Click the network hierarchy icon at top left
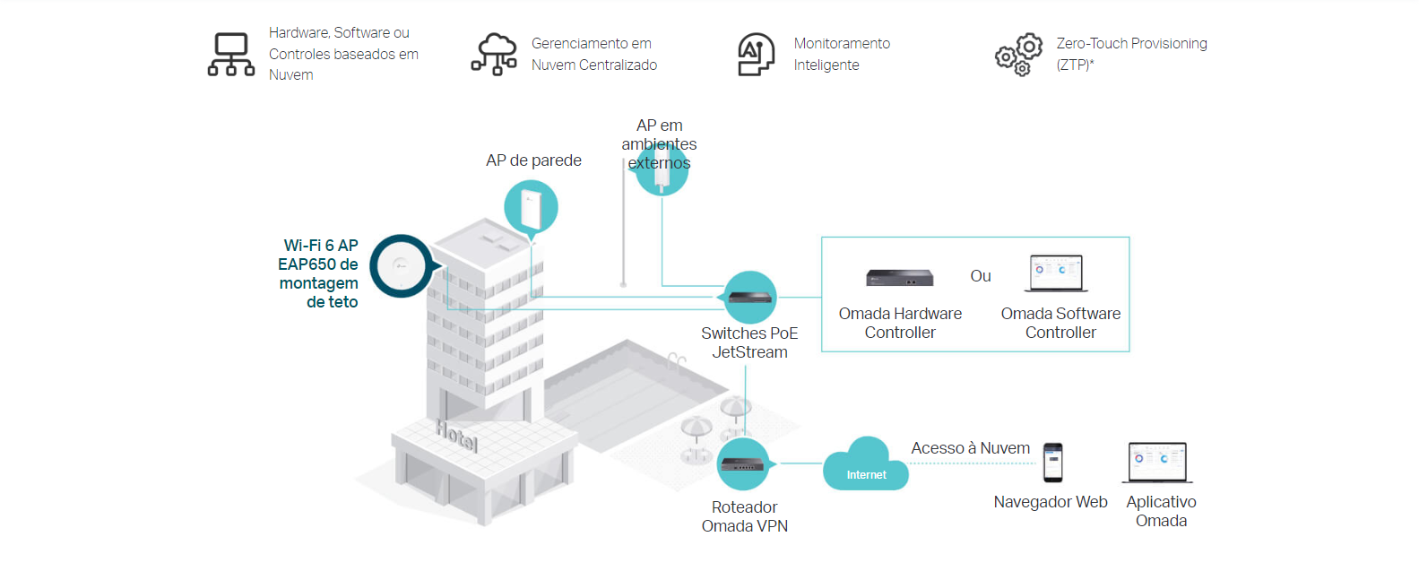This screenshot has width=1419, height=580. pyautogui.click(x=231, y=54)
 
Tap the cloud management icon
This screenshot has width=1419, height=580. pyautogui.click(x=494, y=54)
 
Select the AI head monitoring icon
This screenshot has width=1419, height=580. pyautogui.click(x=756, y=54)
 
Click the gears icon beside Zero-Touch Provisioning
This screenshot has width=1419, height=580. pyautogui.click(x=1019, y=55)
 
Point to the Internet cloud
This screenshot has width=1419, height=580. pyautogui.click(x=866, y=464)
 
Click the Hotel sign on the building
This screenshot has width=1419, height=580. pyautogui.click(x=456, y=437)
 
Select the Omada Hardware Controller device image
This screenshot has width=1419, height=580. pyautogui.click(x=899, y=278)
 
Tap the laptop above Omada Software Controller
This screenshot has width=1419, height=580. pyautogui.click(x=1057, y=273)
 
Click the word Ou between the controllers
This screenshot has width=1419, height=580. pyautogui.click(x=981, y=276)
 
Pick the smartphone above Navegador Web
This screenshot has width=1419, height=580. pyautogui.click(x=1053, y=463)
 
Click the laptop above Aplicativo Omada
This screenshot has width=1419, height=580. pyautogui.click(x=1157, y=463)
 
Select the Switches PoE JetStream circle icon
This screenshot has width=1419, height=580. pyautogui.click(x=749, y=297)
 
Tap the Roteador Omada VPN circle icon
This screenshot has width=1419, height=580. pyautogui.click(x=743, y=463)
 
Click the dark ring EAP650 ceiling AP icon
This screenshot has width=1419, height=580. pyautogui.click(x=401, y=266)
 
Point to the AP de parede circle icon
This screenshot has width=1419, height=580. pyautogui.click(x=531, y=208)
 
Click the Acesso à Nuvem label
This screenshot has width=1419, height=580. pyautogui.click(x=970, y=448)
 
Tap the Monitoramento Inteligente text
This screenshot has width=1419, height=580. pyautogui.click(x=842, y=54)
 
